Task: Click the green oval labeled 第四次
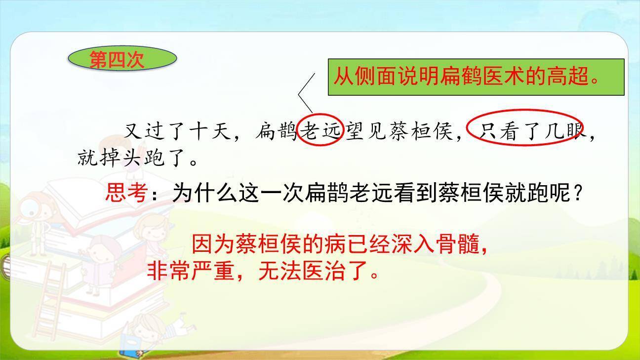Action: point(121,59)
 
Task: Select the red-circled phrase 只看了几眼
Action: point(526,131)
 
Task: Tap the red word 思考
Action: point(125,193)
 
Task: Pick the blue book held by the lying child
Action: point(129,345)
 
